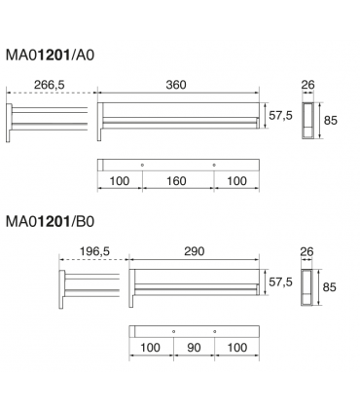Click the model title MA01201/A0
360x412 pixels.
50,56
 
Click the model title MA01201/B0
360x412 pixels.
50,222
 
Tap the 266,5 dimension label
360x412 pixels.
50,85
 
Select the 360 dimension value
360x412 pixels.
176,85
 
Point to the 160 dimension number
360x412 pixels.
176,181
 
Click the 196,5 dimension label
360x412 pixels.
94,251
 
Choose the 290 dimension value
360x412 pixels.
195,251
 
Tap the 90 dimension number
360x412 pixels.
194,348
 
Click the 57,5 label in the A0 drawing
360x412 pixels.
280,115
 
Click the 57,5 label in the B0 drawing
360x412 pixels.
280,281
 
